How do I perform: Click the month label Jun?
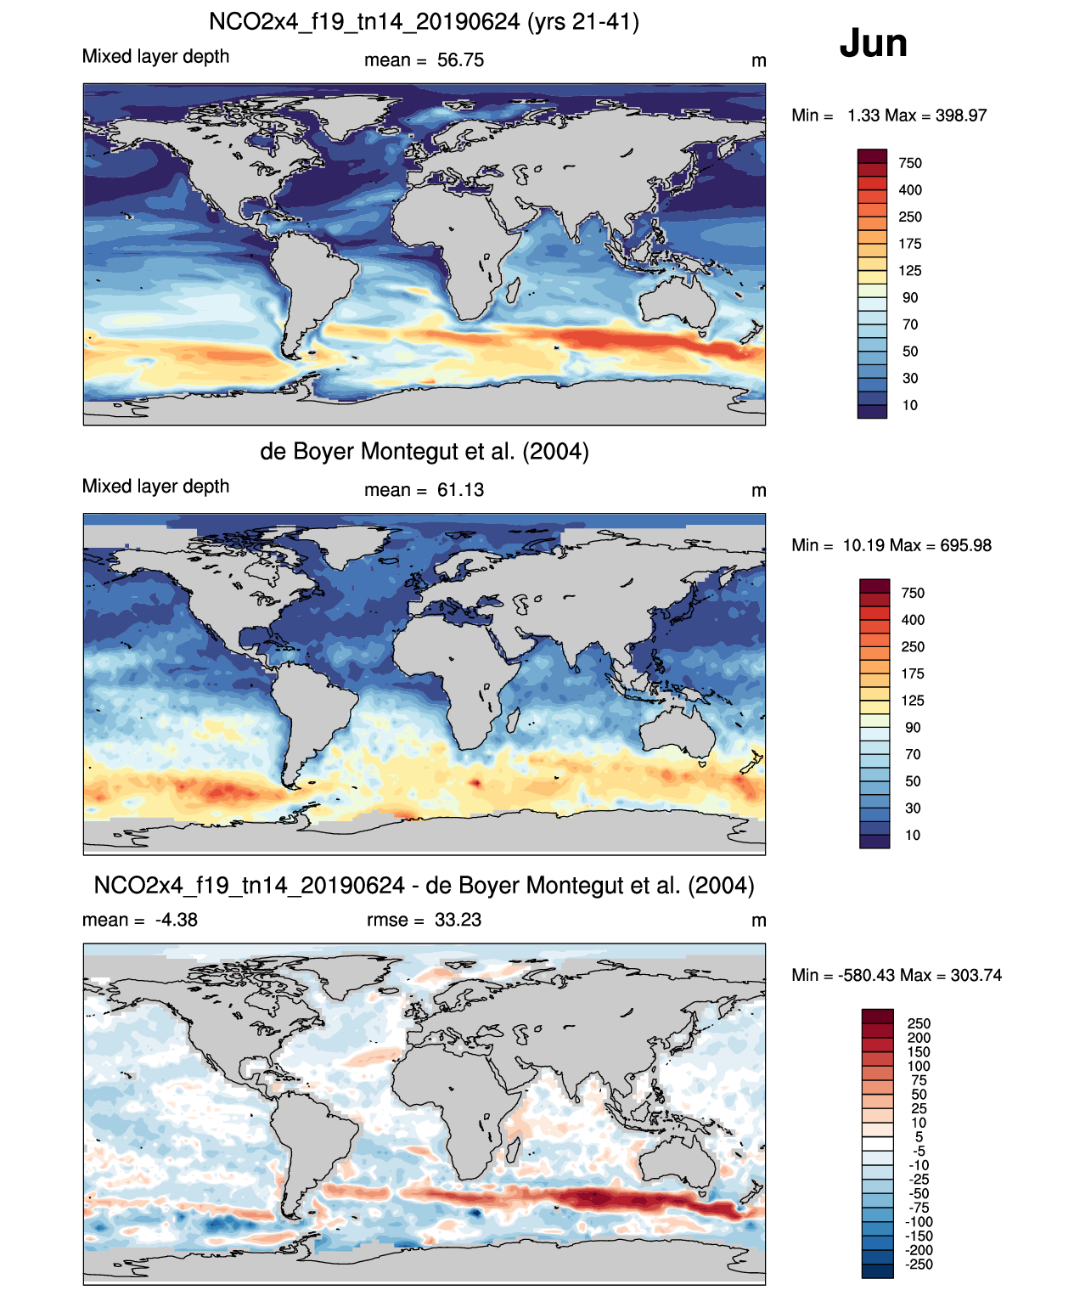[x=873, y=43]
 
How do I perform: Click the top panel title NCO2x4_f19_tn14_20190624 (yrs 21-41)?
[x=424, y=21]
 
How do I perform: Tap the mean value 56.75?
[x=460, y=60]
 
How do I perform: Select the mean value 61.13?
[x=460, y=490]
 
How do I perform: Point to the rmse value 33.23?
[x=458, y=920]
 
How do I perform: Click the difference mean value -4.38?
[x=176, y=920]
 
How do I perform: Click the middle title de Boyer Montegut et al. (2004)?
[x=424, y=451]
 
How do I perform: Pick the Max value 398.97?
[x=961, y=115]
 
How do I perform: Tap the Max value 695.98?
[x=965, y=545]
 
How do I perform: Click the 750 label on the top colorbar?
[x=910, y=163]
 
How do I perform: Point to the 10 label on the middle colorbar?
[x=913, y=835]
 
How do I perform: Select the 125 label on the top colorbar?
[x=910, y=271]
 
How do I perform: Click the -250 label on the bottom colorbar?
[x=919, y=1265]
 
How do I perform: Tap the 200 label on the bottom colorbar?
[x=919, y=1038]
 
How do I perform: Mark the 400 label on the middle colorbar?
[x=913, y=620]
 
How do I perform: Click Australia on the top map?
[x=677, y=301]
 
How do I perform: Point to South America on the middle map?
[x=314, y=705]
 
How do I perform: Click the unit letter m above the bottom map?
[x=759, y=921]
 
